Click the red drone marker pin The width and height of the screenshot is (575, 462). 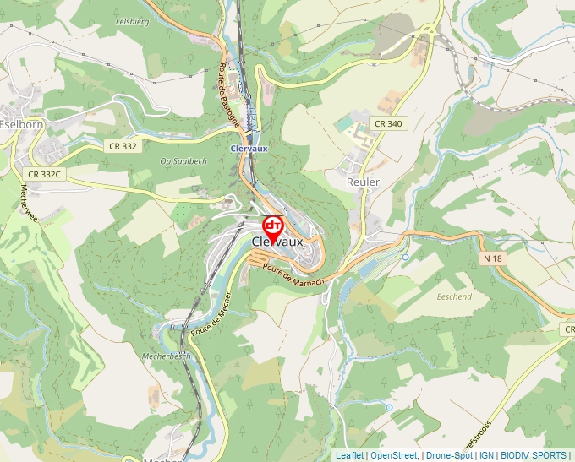click(273, 227)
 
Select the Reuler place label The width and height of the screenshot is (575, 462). click(363, 182)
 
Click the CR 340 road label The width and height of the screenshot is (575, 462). click(388, 123)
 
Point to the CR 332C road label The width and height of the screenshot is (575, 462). click(44, 174)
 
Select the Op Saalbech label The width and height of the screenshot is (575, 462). click(183, 160)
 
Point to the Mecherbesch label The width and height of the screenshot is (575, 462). click(167, 356)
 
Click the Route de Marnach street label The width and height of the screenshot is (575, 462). click(293, 274)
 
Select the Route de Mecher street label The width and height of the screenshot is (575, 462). click(211, 320)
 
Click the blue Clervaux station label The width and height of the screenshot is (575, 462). click(249, 147)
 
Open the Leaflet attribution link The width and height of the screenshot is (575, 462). click(349, 455)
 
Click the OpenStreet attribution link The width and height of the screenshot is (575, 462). click(394, 455)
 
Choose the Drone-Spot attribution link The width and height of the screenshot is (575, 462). click(450, 455)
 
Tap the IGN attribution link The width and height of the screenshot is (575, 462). click(486, 455)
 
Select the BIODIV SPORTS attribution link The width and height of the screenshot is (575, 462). click(534, 455)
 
